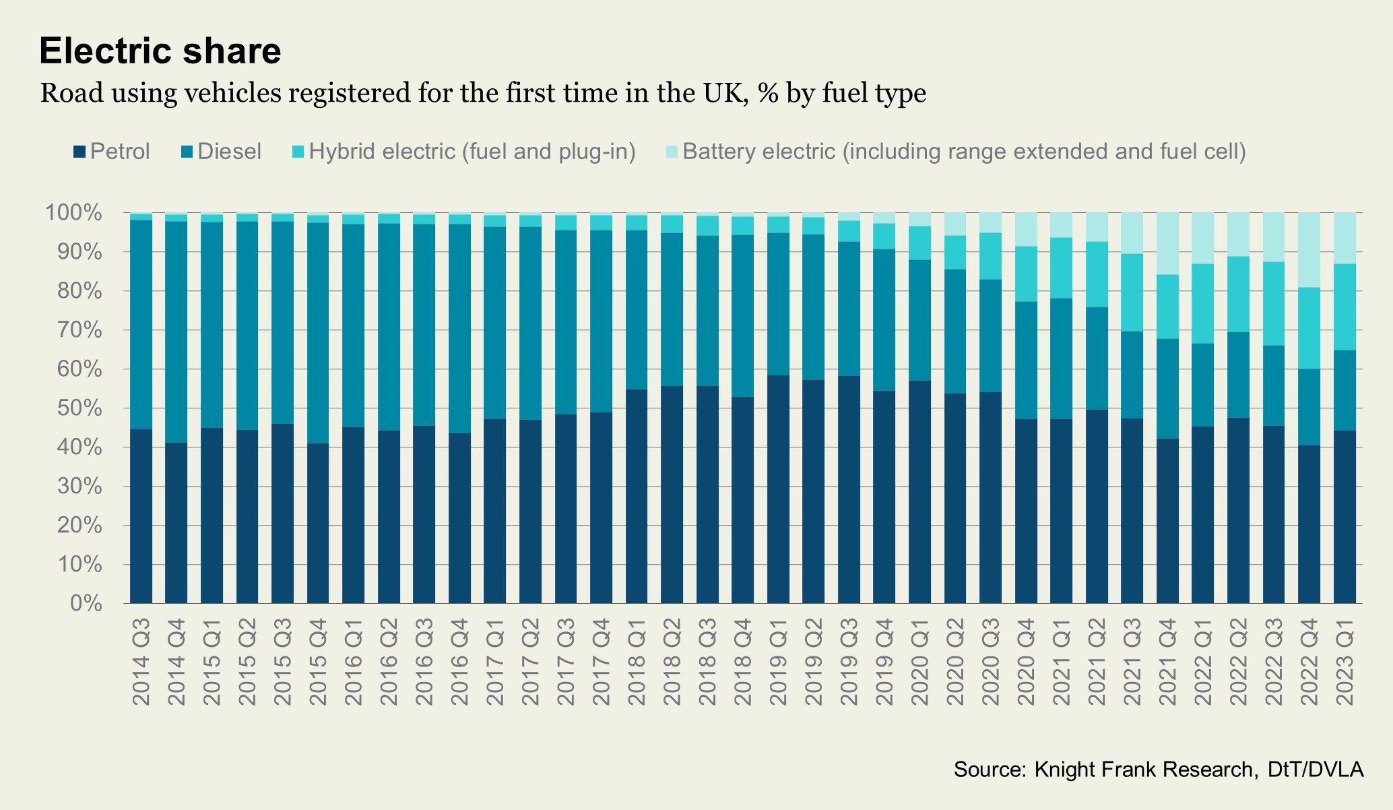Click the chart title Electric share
pos(160,51)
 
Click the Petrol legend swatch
pos(79,152)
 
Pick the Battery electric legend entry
pos(963,152)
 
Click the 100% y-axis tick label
pos(74,214)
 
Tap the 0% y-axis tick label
pos(86,603)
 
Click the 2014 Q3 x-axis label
pos(141,662)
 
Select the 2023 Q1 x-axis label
pos(1345,662)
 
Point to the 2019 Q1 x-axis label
pos(778,662)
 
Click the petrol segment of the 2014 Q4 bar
pos(176,522)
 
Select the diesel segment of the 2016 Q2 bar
pos(389,327)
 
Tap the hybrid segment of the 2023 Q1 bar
pos(1345,307)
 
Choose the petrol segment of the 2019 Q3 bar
pos(849,489)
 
